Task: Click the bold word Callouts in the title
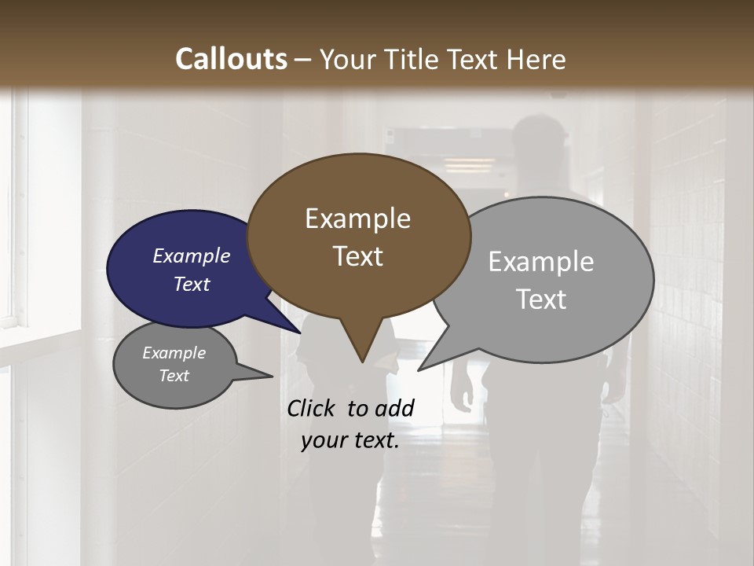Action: coord(231,59)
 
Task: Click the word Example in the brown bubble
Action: coord(357,219)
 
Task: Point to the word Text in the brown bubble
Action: coord(357,256)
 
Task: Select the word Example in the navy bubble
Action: coord(191,255)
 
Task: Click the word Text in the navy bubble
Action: coord(191,284)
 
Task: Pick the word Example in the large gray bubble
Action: coord(540,262)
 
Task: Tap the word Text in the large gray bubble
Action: coord(540,300)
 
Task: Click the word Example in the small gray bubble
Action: coord(174,353)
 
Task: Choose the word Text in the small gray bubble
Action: coord(174,375)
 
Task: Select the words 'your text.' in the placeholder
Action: coord(350,440)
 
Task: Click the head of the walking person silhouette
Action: coord(540,138)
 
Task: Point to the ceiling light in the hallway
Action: coord(468,165)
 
